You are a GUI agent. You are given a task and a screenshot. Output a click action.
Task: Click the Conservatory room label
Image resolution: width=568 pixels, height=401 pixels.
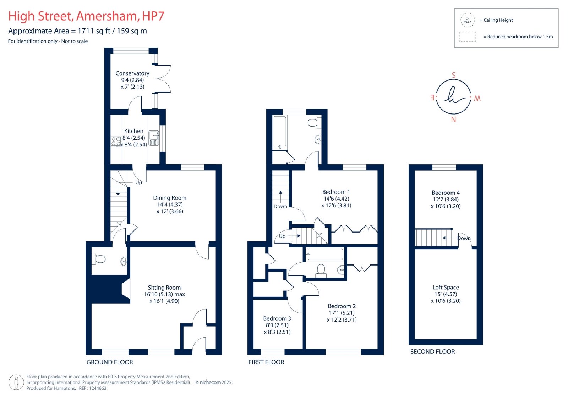(132, 73)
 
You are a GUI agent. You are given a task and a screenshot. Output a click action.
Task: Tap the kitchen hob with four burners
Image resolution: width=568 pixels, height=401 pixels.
(116, 141)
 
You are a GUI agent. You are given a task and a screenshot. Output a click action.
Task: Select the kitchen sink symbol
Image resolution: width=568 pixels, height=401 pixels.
(154, 138)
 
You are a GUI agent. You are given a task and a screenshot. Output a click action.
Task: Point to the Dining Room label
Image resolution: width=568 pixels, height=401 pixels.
(170, 198)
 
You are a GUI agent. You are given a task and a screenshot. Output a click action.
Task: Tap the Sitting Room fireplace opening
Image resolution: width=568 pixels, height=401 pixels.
(126, 289)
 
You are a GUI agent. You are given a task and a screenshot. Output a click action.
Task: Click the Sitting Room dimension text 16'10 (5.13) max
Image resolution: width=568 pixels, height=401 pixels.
(164, 294)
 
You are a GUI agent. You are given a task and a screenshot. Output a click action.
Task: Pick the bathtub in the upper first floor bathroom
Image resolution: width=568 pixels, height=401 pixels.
(280, 132)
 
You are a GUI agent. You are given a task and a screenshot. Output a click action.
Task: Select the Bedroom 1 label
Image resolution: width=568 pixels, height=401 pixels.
(336, 192)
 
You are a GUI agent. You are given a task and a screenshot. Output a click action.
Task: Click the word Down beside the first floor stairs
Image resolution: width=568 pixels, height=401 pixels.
(280, 206)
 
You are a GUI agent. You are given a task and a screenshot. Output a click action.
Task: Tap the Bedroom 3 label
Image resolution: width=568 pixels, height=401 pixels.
(277, 318)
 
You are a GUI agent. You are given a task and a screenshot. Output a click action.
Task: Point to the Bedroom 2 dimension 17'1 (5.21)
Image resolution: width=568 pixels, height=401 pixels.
(342, 313)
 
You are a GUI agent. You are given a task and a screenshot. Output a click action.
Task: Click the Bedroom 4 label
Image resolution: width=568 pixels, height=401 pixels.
(446, 193)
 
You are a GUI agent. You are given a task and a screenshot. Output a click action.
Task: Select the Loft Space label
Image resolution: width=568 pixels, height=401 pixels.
(446, 288)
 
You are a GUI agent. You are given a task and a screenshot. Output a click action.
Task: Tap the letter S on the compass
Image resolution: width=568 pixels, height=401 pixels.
(454, 75)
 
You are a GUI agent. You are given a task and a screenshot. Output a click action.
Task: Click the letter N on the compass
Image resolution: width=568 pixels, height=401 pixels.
(453, 119)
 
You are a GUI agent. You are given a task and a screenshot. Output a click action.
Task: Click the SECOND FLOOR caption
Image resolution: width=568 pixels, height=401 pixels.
(432, 352)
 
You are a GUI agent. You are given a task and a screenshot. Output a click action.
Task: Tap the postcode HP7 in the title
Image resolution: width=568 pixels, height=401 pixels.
(153, 16)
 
